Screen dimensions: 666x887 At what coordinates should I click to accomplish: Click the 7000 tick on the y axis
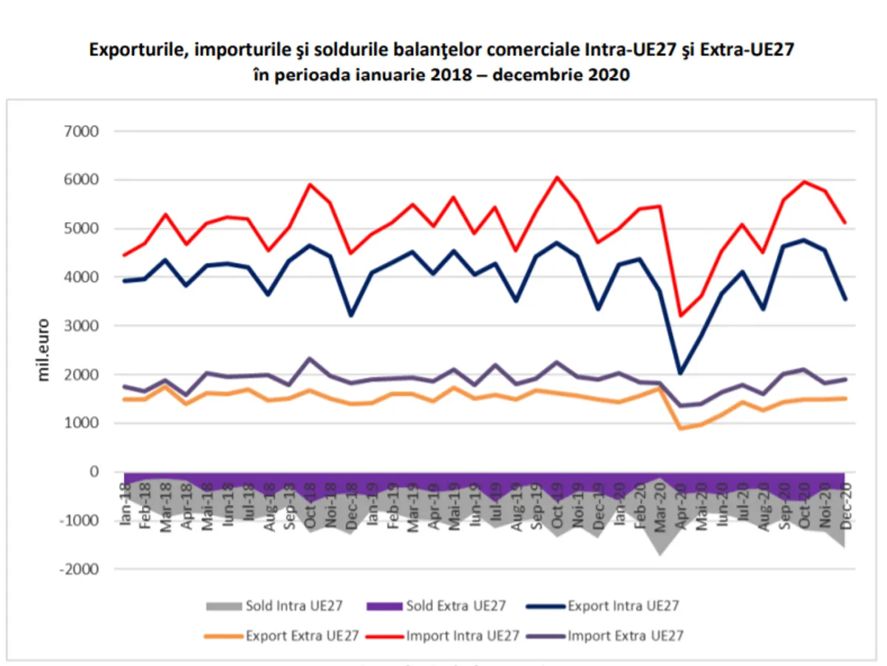pos(84,132)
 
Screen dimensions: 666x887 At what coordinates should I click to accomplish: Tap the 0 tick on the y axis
pos(95,472)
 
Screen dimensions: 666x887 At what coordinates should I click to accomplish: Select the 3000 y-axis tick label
pos(84,326)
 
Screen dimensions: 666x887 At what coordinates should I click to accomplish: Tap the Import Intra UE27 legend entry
pos(448,635)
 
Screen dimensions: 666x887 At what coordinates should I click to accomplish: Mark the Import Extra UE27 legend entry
pos(614,635)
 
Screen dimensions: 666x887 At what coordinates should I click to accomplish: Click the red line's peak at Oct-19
pos(557,177)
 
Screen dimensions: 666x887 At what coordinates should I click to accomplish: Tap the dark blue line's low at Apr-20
pos(680,373)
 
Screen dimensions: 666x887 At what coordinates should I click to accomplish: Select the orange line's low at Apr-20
pos(680,428)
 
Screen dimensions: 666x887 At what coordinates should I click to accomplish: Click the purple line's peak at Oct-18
pos(310,359)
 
